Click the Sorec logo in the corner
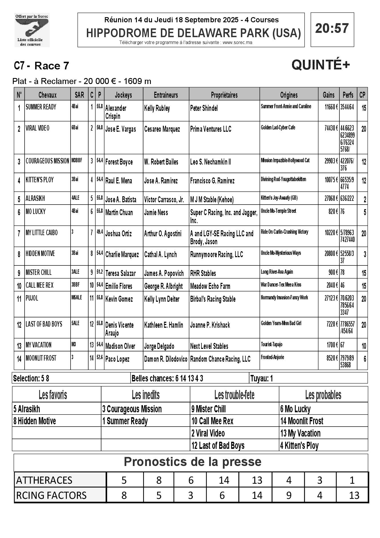pos(32,30)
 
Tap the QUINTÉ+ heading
pos(321,65)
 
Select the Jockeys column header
pos(123,95)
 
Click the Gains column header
pos(329,95)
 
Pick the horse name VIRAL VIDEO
pos(37,128)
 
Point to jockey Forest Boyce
pos(119,162)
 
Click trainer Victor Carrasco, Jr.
pos(164,199)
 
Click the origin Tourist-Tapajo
pos(271,345)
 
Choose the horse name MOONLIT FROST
pos(41,358)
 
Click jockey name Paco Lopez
pos(117,359)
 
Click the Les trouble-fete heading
pos(234,395)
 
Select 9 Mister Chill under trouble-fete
pos(208,409)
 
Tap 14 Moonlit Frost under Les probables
pos(301,421)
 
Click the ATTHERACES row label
pos(44,480)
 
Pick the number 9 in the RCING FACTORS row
pos(289,495)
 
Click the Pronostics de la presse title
pos(192,462)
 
